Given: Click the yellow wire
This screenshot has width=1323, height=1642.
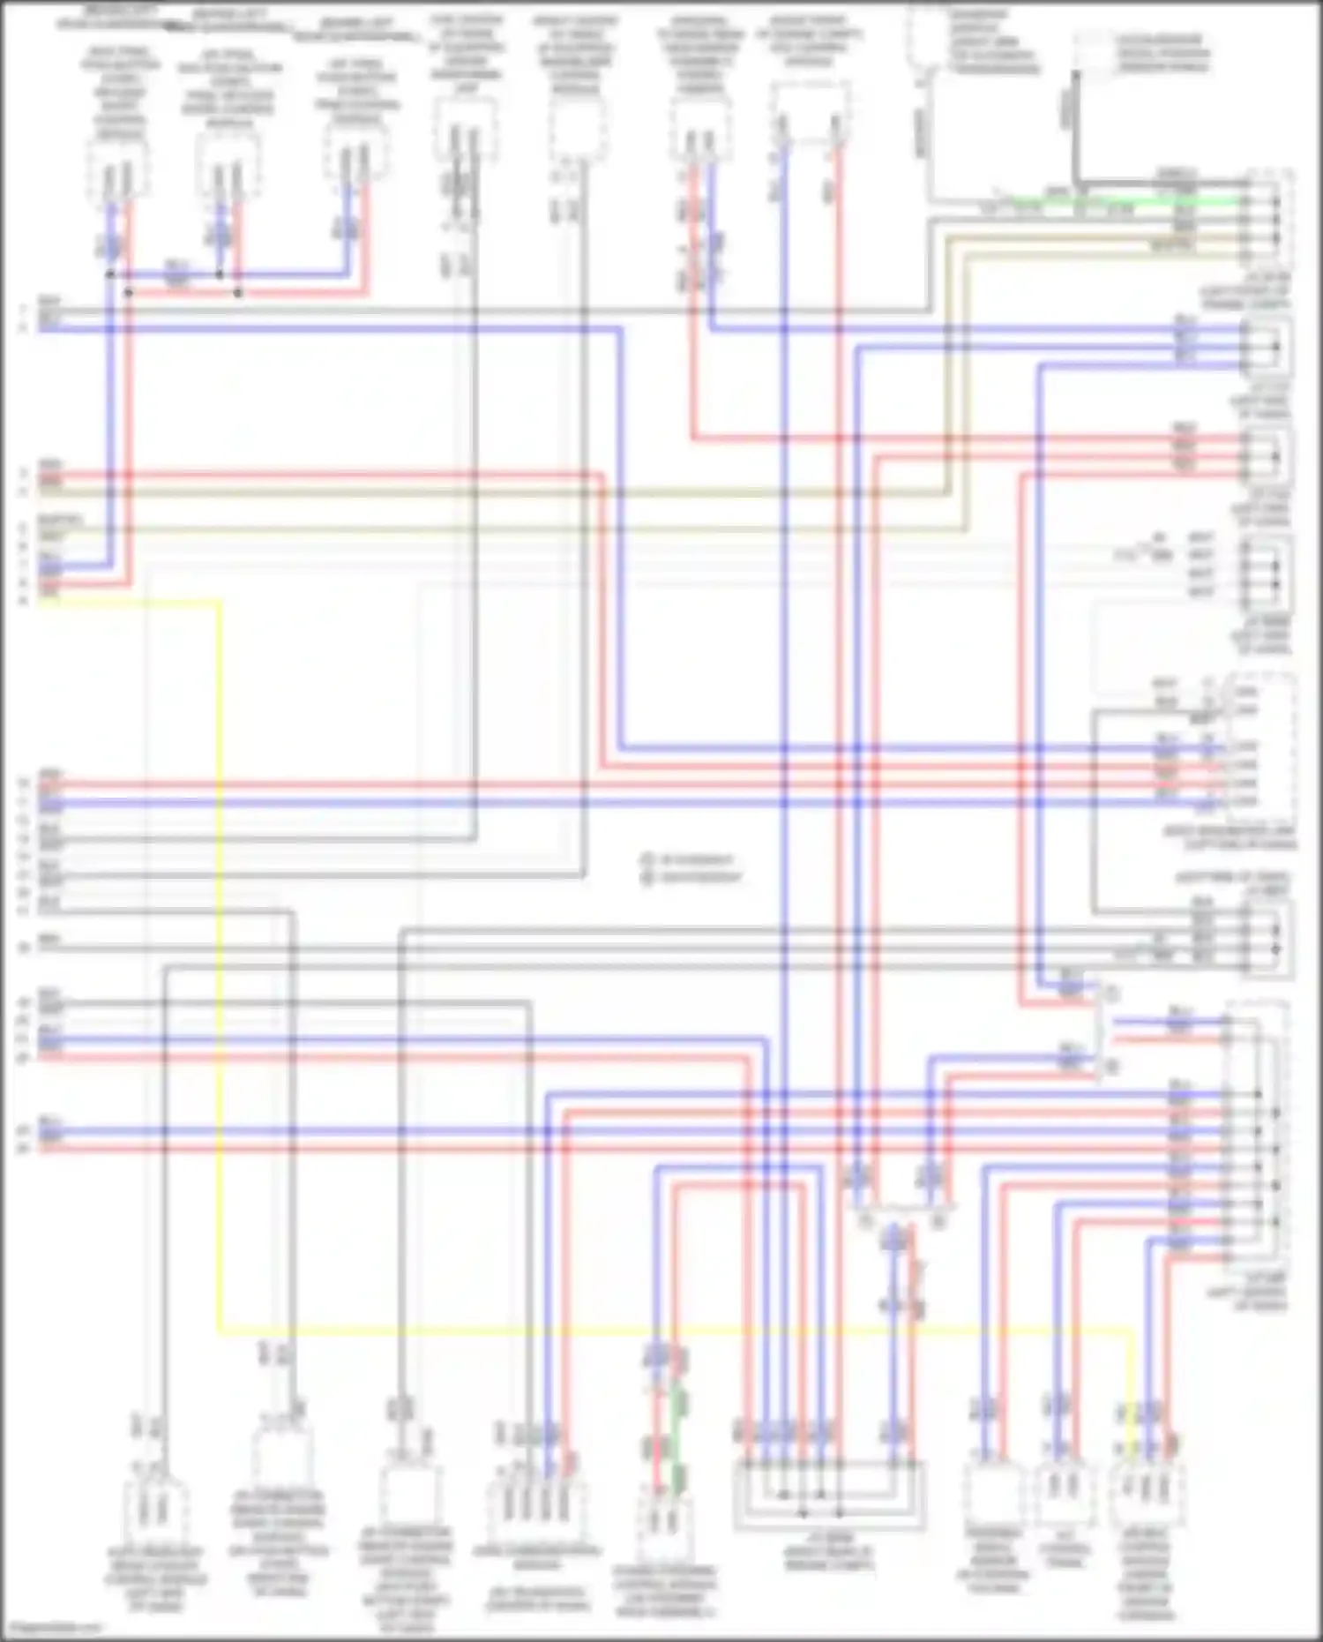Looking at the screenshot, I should tap(219, 971).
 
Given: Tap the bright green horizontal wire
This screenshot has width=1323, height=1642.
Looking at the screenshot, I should tap(1129, 201).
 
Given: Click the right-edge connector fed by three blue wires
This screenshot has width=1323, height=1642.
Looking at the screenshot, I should tap(1267, 346).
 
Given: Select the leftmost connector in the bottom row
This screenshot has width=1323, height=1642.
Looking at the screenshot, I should tap(155, 1509).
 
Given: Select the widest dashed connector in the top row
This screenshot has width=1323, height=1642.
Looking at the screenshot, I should tap(810, 115).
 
